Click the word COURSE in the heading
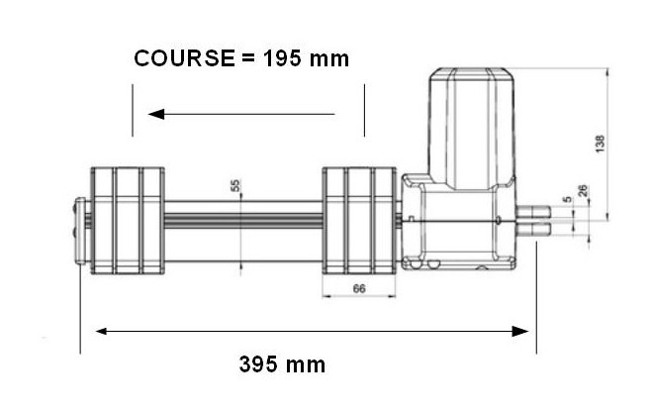pyautogui.click(x=184, y=58)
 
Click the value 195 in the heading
pyautogui.click(x=282, y=58)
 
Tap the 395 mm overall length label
pyautogui.click(x=282, y=364)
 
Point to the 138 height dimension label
pyautogui.click(x=600, y=144)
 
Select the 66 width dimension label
pyautogui.click(x=359, y=288)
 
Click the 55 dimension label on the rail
pyautogui.click(x=235, y=185)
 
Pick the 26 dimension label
pyautogui.click(x=583, y=191)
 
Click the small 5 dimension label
pyautogui.click(x=567, y=199)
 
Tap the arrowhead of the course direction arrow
pyautogui.click(x=156, y=114)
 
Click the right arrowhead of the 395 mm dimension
pyautogui.click(x=520, y=331)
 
